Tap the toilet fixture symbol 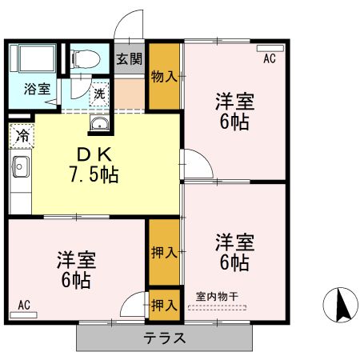(84, 57)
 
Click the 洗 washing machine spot (99, 93)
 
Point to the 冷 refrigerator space (22, 135)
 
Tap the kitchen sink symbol (21, 168)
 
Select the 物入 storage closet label (165, 77)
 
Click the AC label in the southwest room (24, 305)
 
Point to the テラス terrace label (166, 338)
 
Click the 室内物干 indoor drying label (218, 296)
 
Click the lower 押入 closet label (164, 305)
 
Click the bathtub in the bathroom (33, 59)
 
